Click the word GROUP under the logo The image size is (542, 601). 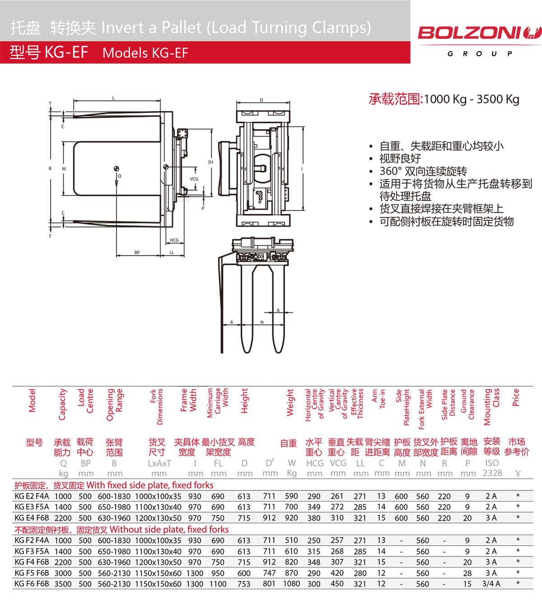(480, 54)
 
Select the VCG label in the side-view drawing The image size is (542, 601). (194, 179)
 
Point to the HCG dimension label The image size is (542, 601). (174, 240)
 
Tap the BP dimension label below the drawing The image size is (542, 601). (137, 252)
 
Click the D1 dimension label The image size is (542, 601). (211, 162)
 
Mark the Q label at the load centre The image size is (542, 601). (119, 176)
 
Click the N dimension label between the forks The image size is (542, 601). (262, 322)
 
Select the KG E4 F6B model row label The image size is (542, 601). (32, 518)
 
